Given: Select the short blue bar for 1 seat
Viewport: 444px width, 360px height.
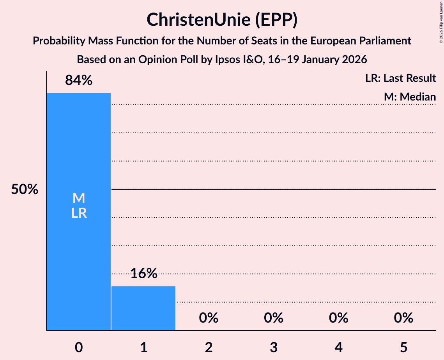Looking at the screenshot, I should (143, 308).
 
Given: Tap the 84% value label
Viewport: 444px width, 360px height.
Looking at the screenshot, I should (79, 80).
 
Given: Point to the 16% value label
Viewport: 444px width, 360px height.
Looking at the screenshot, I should (143, 274).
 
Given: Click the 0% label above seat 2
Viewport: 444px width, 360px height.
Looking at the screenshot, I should (209, 318).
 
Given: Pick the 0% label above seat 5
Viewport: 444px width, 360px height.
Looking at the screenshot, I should (403, 318).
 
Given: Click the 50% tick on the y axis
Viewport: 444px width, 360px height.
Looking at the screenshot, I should (25, 190).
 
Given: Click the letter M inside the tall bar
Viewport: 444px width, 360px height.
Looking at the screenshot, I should (79, 198).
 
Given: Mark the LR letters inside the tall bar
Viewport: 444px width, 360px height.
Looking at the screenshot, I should (79, 213).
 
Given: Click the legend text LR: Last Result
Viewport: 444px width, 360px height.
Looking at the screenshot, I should (400, 78).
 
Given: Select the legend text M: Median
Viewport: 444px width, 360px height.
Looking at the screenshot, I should (410, 97).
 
